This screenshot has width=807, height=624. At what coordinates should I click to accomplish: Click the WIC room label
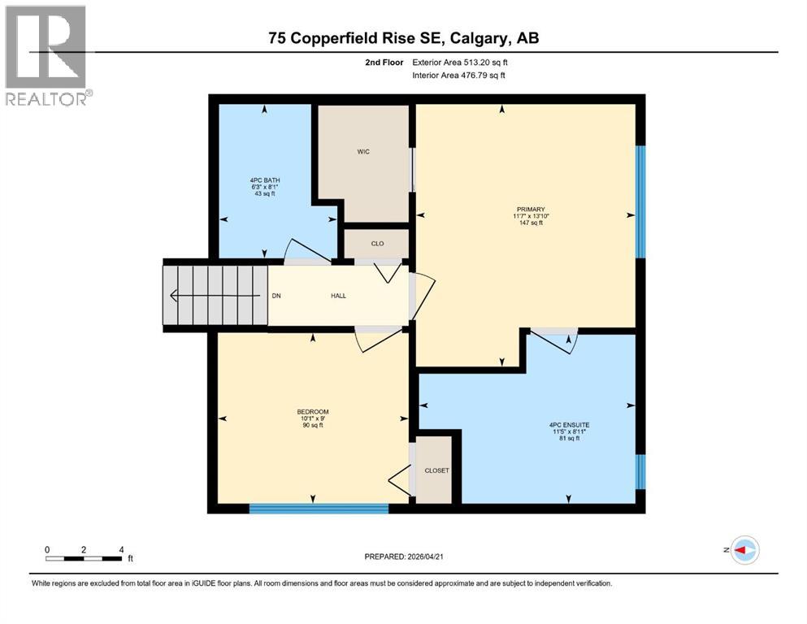[x=363, y=152]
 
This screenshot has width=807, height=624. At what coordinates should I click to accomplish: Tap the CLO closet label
[x=377, y=243]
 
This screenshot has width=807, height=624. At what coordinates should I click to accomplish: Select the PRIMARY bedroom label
[x=527, y=209]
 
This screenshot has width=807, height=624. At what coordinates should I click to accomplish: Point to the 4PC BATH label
[x=265, y=180]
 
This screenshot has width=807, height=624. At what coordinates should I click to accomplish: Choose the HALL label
[x=338, y=296]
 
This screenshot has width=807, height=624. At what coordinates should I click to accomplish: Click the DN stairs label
[x=276, y=296]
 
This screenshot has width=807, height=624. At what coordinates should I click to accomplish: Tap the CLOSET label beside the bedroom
[x=436, y=470]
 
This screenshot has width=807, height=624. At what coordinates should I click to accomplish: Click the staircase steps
[x=215, y=295]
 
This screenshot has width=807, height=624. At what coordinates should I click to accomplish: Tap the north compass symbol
[x=744, y=550]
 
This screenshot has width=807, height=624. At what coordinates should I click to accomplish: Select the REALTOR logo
[x=47, y=55]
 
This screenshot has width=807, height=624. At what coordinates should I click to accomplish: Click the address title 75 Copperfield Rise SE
[x=403, y=38]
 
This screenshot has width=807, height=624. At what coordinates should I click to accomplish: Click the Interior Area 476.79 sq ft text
[x=459, y=76]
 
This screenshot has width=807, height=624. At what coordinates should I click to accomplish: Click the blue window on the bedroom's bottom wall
[x=319, y=509]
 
